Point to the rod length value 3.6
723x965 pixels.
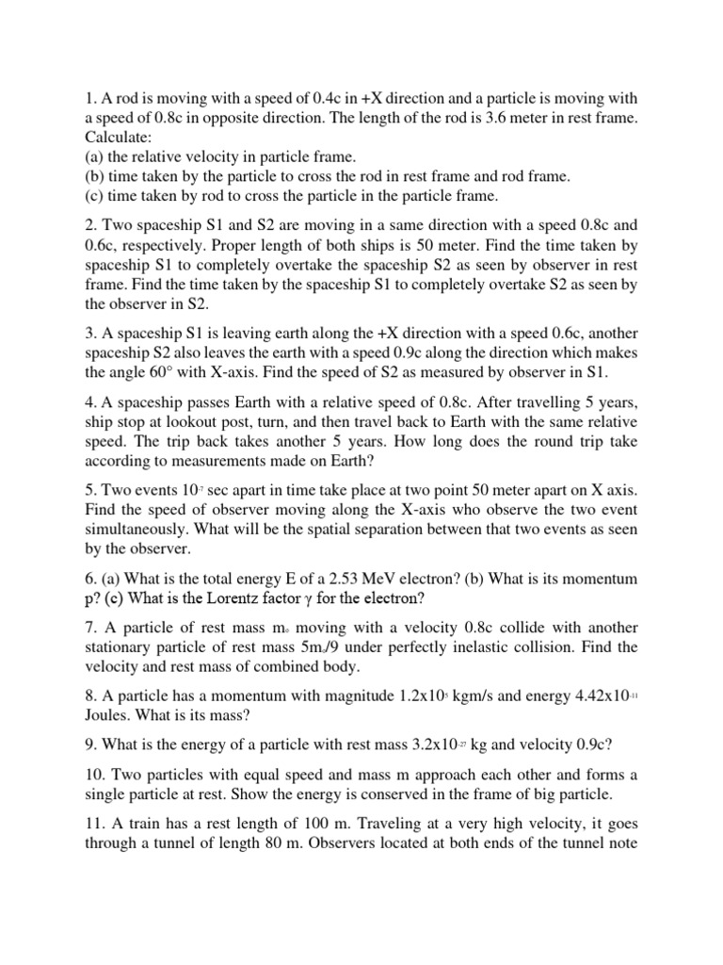coord(513,117)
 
